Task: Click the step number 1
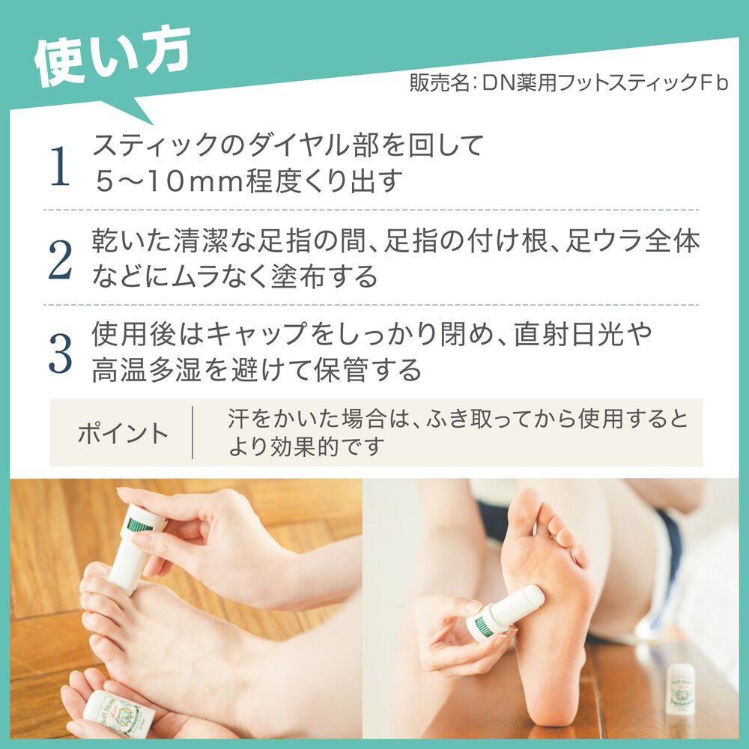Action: [x=60, y=166]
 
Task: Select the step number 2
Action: [x=60, y=260]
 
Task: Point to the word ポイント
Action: [x=124, y=434]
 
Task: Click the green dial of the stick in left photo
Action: [x=140, y=524]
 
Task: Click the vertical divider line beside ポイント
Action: [x=192, y=433]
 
